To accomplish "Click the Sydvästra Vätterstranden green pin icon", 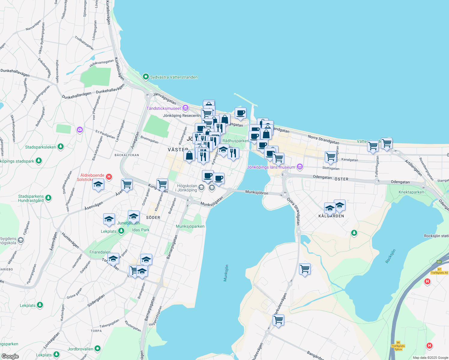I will coord(146,77).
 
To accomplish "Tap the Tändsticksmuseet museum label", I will coord(164,108).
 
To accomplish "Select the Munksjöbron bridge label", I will coord(257,192).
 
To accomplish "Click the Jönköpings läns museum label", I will coord(271,167).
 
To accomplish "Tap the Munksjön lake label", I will coord(226,273).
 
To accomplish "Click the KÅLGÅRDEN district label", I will coord(331,216).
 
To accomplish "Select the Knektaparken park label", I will coord(411,192).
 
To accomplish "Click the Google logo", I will coord(10,356).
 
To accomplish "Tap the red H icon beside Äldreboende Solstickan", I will coord(109,177).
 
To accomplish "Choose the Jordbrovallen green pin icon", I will coord(97,349).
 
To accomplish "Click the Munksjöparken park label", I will coord(190,226).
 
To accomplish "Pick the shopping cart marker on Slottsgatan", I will coord(330,157).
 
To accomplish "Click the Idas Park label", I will coord(141,230).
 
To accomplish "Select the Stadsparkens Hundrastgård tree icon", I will coord(48,198).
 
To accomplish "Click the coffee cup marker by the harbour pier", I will coord(240,113).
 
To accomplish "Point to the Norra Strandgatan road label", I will coord(324,139).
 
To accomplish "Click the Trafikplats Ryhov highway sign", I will coord(398,346).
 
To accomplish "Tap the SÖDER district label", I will coord(153,217).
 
